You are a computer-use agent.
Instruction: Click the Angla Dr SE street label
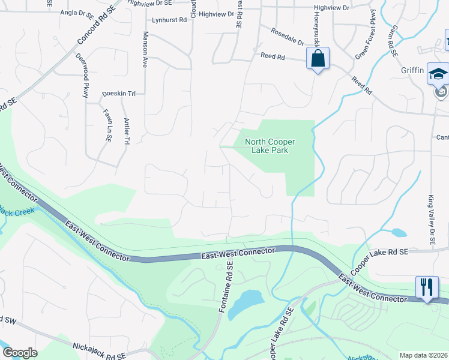[x=76, y=12]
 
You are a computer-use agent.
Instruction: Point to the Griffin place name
[x=412, y=70]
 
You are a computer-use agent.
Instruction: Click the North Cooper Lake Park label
[x=270, y=146]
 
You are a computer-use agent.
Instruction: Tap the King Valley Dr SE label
[x=432, y=218]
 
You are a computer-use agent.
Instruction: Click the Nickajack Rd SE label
[x=100, y=350]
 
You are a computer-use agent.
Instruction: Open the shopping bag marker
[x=317, y=59]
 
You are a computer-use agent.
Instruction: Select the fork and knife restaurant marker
[x=427, y=287]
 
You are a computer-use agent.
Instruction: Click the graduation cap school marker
[x=438, y=74]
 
